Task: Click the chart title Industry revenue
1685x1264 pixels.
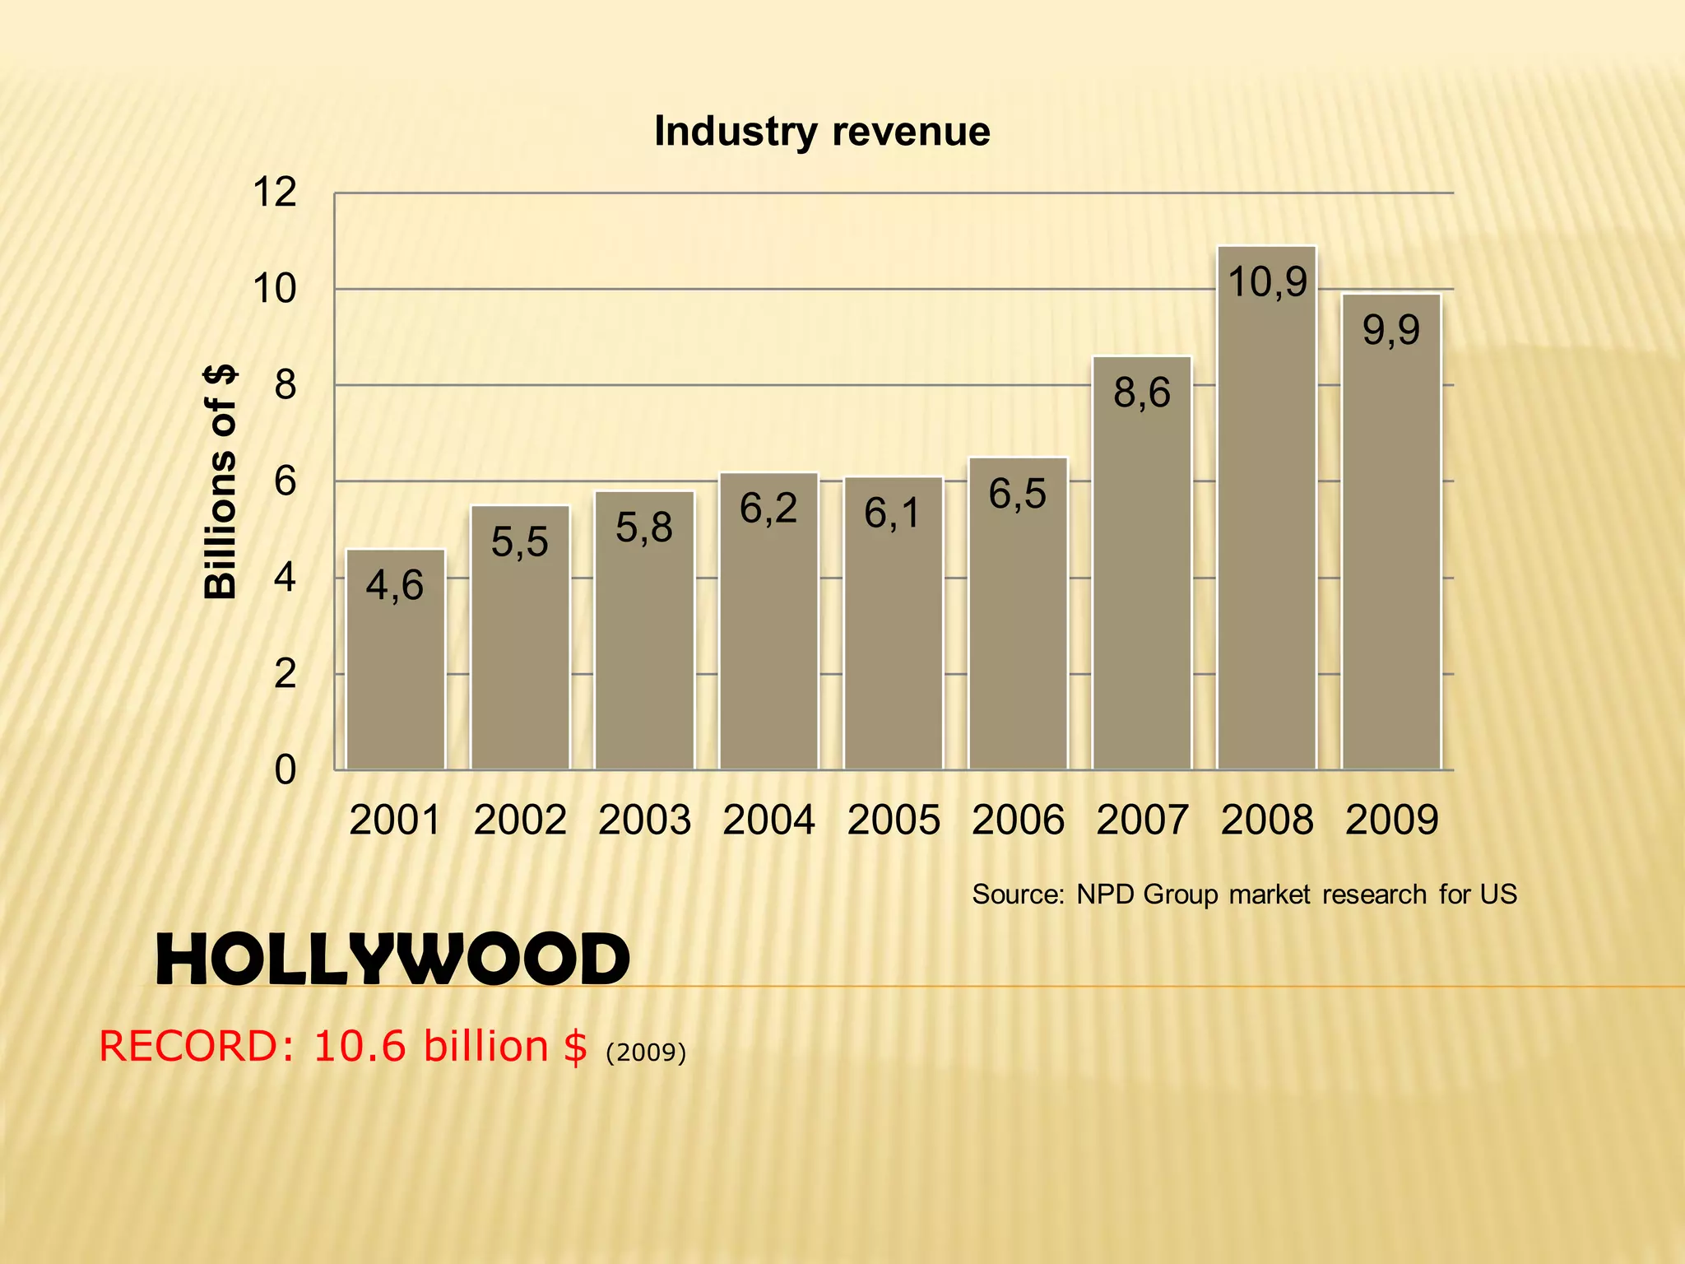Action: point(822,131)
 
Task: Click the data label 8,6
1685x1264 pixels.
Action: point(1142,393)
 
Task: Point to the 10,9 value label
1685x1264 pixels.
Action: point(1267,282)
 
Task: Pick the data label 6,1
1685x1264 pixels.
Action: point(893,513)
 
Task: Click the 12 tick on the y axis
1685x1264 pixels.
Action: point(275,193)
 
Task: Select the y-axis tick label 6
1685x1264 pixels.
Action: point(285,481)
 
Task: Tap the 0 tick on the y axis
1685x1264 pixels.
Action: point(285,770)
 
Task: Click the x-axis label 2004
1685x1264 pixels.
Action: point(768,820)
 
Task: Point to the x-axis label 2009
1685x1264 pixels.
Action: point(1391,820)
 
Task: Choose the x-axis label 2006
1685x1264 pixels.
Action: point(1018,820)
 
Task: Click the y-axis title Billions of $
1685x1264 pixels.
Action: point(220,481)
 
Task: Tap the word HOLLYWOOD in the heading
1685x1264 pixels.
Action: point(392,960)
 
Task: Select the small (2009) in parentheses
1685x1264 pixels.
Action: point(646,1053)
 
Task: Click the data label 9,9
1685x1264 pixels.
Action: point(1391,330)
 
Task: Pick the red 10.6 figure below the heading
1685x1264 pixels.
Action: point(360,1047)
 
